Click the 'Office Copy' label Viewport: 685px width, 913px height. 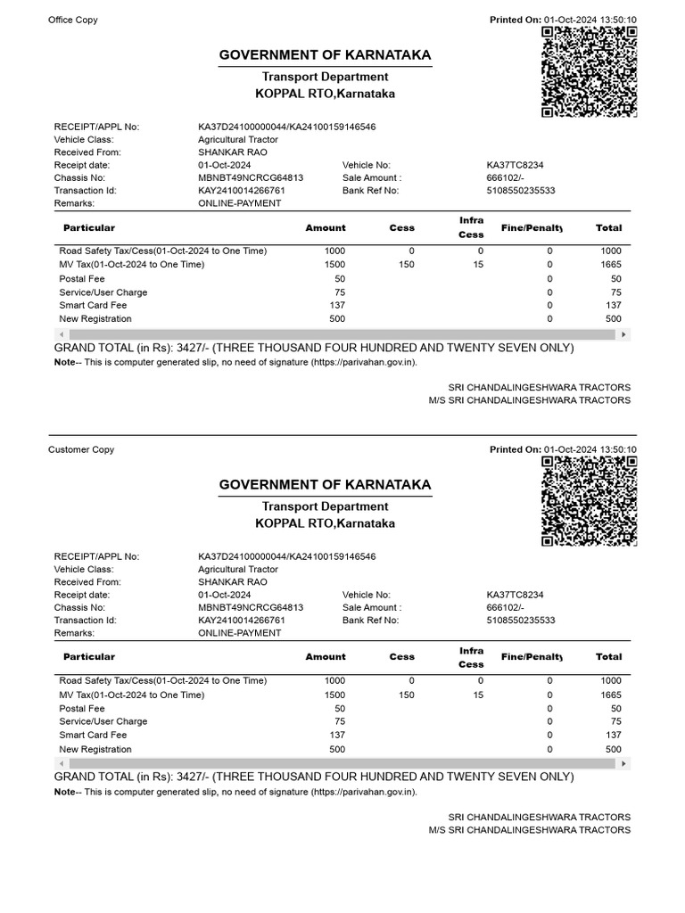73,21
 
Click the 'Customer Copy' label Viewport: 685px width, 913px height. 81,450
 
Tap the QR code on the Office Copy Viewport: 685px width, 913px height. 589,71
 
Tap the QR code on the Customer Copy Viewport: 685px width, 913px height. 589,500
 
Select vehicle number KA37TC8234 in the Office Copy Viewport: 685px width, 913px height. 516,166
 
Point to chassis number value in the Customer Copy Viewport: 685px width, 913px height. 251,608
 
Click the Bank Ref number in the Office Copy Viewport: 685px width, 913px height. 521,191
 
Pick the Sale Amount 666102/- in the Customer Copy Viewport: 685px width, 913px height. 507,608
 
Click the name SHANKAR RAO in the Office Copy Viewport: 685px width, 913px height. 232,152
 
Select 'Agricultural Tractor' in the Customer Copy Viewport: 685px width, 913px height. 238,569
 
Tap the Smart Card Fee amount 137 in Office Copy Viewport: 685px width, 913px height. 337,306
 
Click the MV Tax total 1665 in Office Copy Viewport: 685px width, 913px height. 611,265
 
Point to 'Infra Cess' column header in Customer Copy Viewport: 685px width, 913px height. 471,658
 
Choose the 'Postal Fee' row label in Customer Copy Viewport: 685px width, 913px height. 81,708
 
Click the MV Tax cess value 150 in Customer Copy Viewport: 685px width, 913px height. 406,695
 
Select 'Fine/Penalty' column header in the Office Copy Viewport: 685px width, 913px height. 532,228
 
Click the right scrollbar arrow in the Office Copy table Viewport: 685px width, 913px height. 624,334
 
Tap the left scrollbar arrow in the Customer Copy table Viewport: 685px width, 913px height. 61,763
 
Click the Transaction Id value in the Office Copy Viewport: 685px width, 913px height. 242,191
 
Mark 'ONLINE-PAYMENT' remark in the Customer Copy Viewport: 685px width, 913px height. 240,633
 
